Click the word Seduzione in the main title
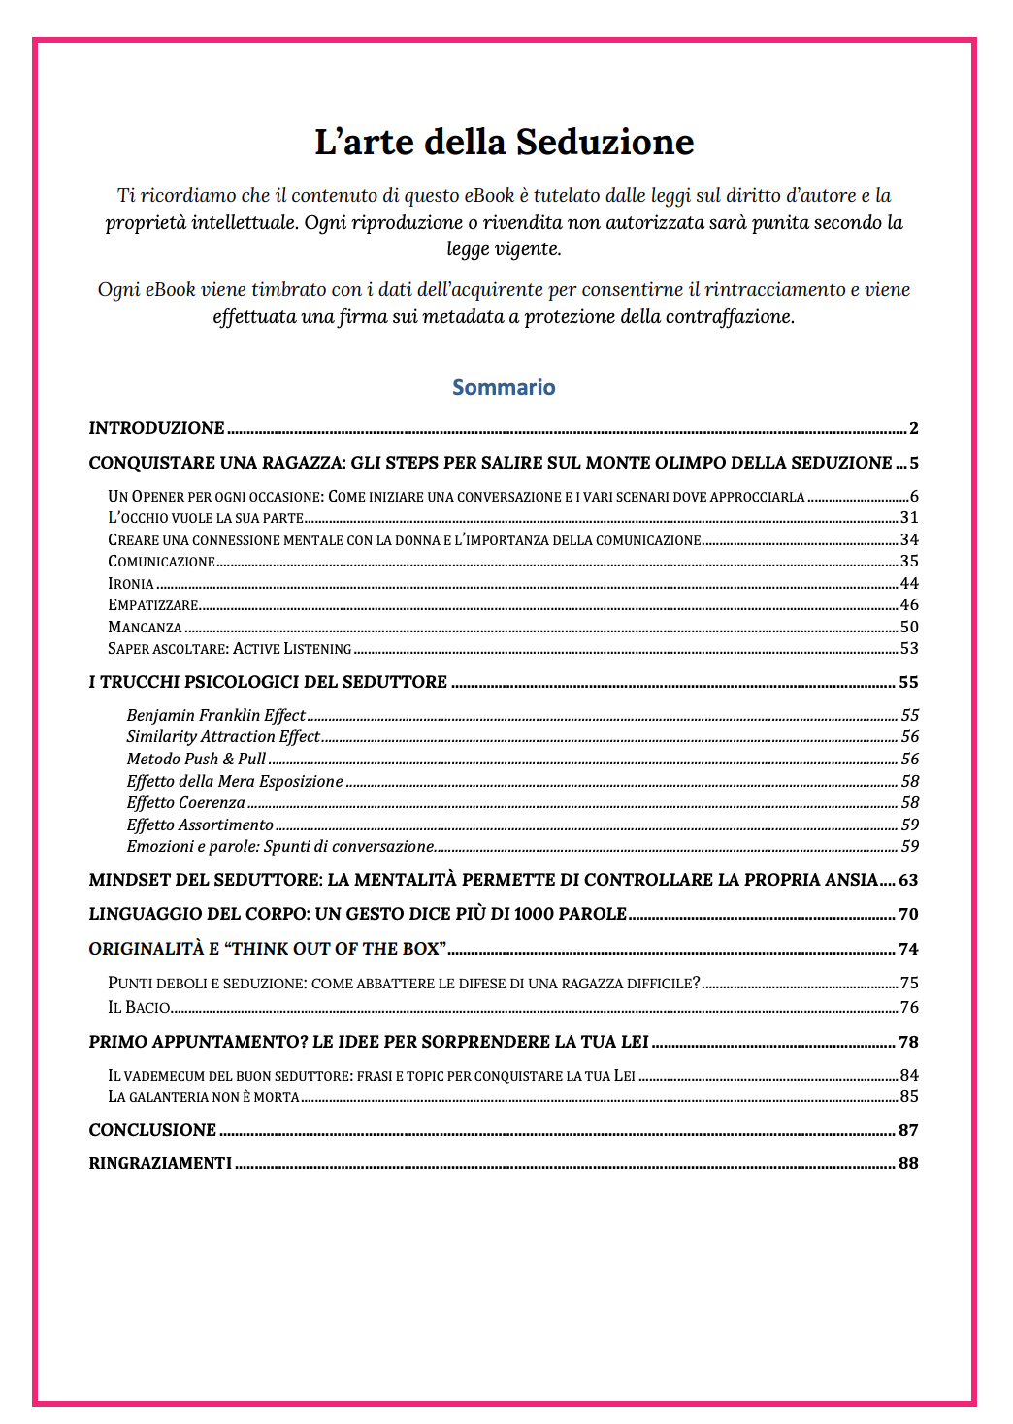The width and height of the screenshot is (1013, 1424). [605, 142]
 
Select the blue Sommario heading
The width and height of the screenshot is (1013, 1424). [504, 387]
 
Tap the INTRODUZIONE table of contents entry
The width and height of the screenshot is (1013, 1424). [156, 428]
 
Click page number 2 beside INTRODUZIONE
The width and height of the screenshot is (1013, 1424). [913, 428]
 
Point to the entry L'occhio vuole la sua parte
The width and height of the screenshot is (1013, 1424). [206, 518]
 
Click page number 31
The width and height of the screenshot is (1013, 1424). [909, 518]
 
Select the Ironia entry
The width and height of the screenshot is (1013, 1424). [131, 584]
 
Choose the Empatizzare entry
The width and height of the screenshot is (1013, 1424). [153, 605]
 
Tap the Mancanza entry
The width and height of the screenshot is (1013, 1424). [145, 628]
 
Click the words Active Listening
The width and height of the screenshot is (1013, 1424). [292, 649]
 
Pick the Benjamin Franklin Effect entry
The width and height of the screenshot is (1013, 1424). [215, 716]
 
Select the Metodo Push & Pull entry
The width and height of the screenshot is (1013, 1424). [196, 760]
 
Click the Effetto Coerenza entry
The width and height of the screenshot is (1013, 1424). [185, 803]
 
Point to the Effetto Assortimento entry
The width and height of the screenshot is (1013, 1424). [200, 825]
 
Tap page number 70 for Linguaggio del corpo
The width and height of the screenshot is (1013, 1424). [908, 914]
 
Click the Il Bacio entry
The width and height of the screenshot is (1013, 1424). [139, 1008]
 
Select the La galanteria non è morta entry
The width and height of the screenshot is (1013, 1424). [204, 1097]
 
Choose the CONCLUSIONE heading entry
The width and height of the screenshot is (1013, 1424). [152, 1130]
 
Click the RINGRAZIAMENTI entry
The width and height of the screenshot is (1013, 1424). [160, 1163]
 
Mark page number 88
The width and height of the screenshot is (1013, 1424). [908, 1163]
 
